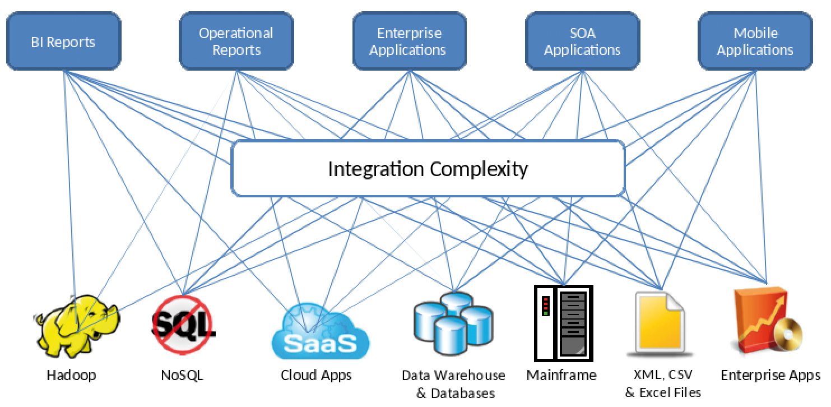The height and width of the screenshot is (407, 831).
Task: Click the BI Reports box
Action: click(x=63, y=41)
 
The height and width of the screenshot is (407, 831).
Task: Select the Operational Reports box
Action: click(x=236, y=41)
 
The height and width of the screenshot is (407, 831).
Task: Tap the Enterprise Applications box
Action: click(x=408, y=41)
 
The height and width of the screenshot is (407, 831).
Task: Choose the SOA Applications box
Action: click(x=582, y=41)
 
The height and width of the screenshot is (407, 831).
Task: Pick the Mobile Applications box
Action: click(x=755, y=41)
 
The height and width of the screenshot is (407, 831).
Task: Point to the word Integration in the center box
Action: click(x=376, y=169)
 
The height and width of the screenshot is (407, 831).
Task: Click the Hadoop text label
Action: click(x=71, y=375)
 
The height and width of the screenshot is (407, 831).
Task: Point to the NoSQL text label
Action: click(x=182, y=375)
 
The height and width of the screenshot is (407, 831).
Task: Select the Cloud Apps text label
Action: click(x=316, y=375)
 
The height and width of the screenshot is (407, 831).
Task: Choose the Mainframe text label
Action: click(x=561, y=374)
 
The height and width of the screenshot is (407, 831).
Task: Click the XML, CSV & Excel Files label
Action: click(x=662, y=383)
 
